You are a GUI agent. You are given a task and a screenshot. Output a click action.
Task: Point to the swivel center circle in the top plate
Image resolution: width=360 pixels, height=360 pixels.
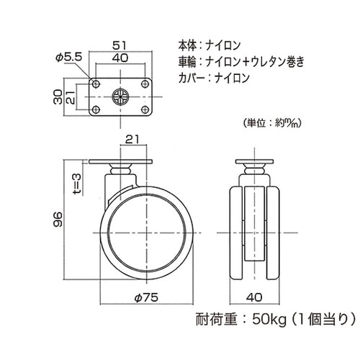coord(120,99)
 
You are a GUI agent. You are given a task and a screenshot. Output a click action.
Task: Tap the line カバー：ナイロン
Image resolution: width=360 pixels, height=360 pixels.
coord(213,79)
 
